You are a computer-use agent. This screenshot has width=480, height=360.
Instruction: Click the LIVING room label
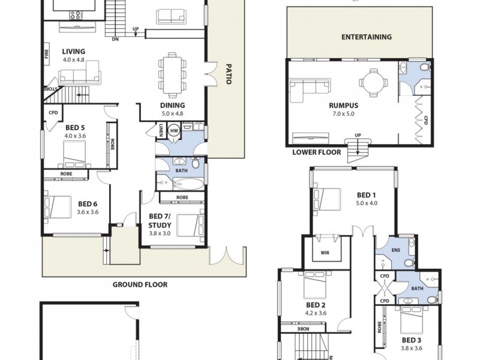pos(74,52)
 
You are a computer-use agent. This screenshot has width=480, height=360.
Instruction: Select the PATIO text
pos(228,74)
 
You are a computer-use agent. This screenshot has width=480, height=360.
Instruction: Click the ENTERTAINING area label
pos(366,37)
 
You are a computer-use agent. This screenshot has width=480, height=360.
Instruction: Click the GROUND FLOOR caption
pos(140,285)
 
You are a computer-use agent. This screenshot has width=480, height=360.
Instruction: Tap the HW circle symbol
pos(174,130)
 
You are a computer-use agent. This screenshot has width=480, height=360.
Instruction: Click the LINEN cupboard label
pos(161,130)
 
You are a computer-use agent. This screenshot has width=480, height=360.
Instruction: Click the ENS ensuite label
pos(395,250)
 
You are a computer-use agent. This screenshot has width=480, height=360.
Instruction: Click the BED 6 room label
pos(87,203)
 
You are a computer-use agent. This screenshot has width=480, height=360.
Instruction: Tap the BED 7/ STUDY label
pos(160,221)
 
